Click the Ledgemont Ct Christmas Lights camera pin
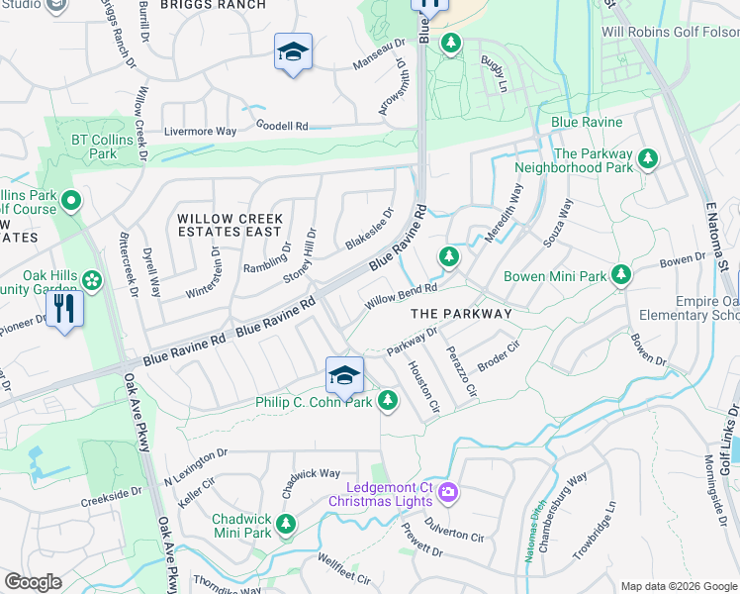click(x=447, y=491)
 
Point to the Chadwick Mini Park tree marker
click(x=287, y=524)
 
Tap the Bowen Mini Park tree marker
click(x=621, y=274)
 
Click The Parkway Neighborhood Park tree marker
click(x=649, y=158)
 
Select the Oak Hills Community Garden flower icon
click(x=92, y=280)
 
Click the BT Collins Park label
click(x=94, y=147)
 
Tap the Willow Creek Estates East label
click(x=230, y=225)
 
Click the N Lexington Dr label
click(x=195, y=455)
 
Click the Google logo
click(x=33, y=582)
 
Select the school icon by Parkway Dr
click(x=344, y=375)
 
